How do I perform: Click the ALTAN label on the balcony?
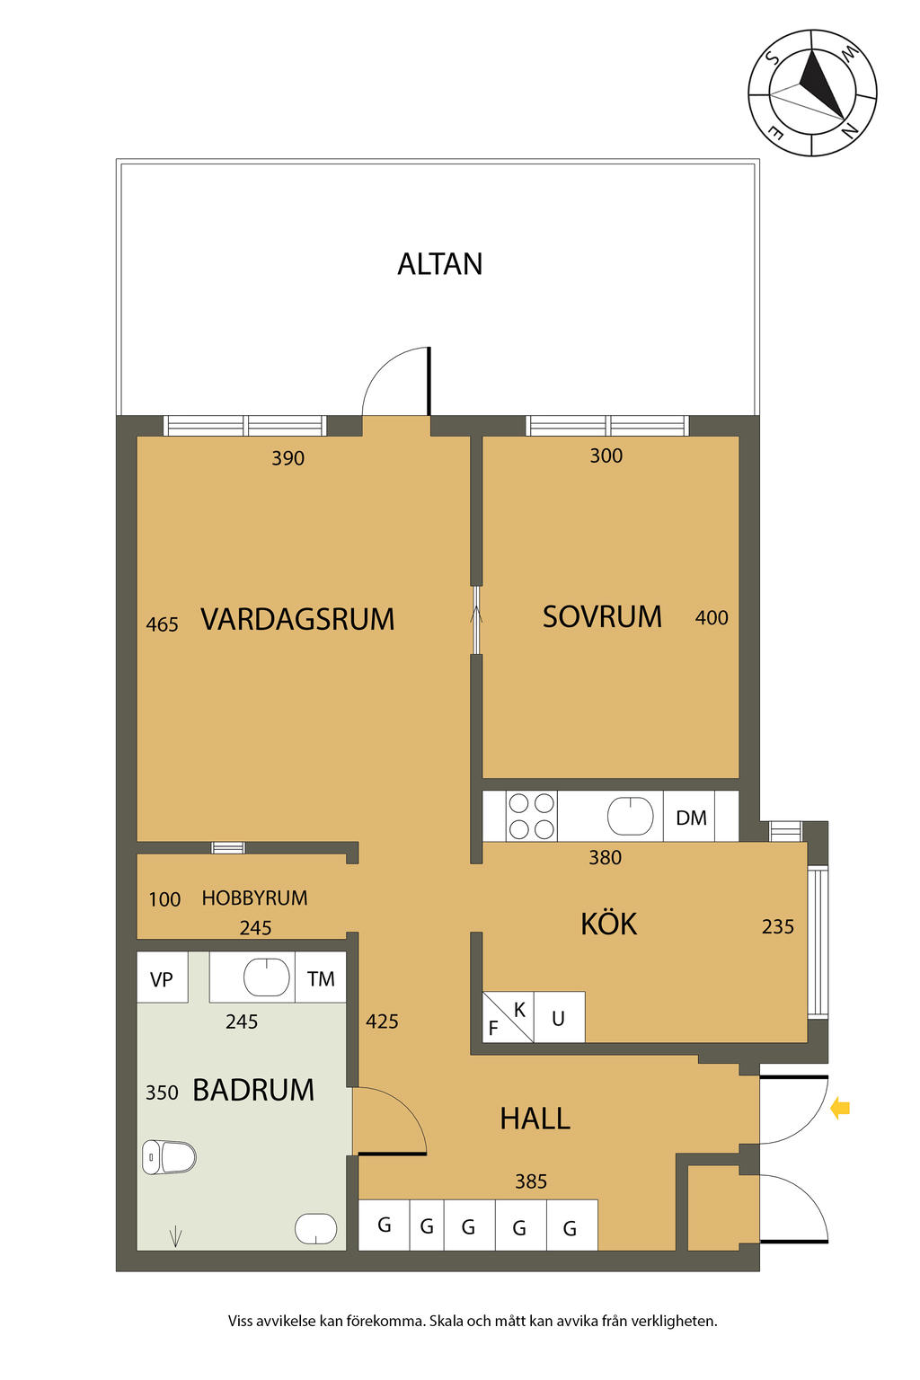tap(439, 263)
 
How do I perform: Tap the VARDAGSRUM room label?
tap(297, 619)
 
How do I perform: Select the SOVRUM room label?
tap(602, 616)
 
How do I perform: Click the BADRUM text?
tap(253, 1090)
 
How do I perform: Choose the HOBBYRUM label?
tap(254, 898)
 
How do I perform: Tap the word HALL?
tap(535, 1119)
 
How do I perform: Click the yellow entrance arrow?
tap(840, 1109)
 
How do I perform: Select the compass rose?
tap(812, 93)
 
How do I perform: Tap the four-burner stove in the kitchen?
tap(531, 817)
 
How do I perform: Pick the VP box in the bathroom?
tap(162, 978)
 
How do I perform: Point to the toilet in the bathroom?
tap(169, 1157)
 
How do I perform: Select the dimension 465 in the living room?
tap(162, 624)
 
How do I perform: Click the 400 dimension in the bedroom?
tap(712, 618)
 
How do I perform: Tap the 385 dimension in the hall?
tap(531, 1181)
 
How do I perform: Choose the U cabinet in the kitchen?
tap(559, 1018)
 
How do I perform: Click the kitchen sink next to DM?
tap(631, 817)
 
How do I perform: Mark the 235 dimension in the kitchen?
tap(778, 926)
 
